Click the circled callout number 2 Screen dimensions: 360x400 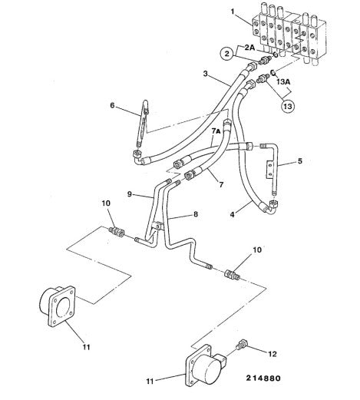[227, 54]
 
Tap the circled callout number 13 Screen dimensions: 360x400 [288, 106]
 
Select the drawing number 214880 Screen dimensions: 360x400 [263, 378]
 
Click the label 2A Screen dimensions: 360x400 [249, 48]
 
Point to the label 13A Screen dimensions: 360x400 [284, 82]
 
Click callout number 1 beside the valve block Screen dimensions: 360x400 [233, 12]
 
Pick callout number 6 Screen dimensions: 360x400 [112, 105]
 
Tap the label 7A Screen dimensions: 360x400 [216, 131]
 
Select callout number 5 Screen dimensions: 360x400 [300, 161]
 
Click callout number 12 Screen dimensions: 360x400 [272, 354]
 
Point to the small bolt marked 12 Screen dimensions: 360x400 [242, 344]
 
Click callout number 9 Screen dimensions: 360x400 [130, 194]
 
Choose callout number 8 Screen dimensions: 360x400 [196, 214]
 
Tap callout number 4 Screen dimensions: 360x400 [232, 214]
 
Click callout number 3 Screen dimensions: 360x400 [205, 74]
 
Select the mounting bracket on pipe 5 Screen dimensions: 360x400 [269, 170]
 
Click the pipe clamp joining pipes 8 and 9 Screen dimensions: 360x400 [157, 226]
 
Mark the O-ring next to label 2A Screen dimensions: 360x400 [276, 55]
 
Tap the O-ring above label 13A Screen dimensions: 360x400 [272, 72]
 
